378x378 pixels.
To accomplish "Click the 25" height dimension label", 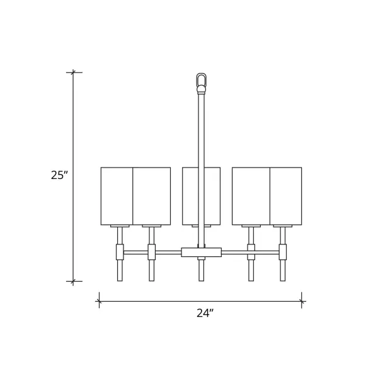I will tap(59, 175).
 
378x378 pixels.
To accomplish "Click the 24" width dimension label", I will tap(201, 314).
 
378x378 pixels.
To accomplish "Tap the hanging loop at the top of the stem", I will tap(201, 81).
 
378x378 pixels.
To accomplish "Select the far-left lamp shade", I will tap(117, 195).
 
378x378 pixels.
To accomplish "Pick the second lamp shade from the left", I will tap(152, 195).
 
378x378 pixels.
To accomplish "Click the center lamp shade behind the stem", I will tap(190, 195).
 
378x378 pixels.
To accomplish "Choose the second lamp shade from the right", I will tap(251, 195).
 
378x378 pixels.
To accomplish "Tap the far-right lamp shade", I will tap(286, 195).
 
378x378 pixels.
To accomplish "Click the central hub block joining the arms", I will tap(201, 252).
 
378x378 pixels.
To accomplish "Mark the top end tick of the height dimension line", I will tap(74, 72).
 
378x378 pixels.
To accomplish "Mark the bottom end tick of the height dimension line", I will tap(74, 281).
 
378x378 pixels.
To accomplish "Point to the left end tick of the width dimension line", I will tap(98, 301).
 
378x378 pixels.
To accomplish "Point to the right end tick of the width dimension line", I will tap(302, 301).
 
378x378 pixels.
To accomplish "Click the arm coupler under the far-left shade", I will tap(120, 252).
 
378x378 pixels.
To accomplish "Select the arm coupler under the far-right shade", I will tap(283, 252).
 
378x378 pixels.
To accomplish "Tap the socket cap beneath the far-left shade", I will tap(120, 226).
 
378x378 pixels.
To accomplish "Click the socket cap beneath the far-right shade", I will tap(283, 226).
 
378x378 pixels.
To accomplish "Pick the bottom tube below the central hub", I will tap(201, 271).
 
